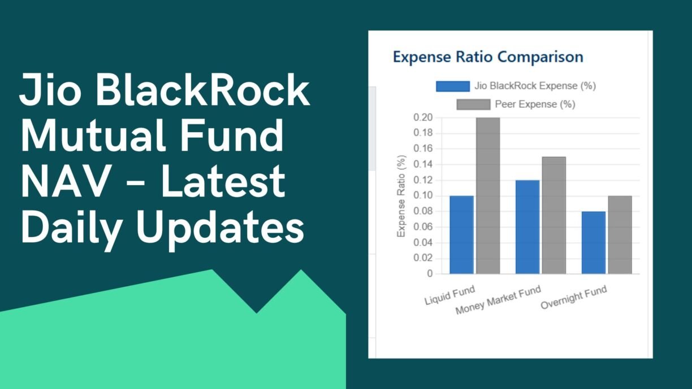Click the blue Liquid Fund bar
coord(461,235)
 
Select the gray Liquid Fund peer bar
coord(488,195)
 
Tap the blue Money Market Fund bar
coord(527,227)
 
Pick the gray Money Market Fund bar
coord(554,215)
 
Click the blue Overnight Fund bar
coord(594,243)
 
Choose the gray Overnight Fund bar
coord(620,235)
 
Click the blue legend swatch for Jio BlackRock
coord(453,86)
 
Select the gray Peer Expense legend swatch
coord(474,104)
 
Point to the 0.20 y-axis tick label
coord(423,117)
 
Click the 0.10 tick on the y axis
coord(423,196)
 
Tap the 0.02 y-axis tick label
coord(423,258)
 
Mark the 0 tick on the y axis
coord(430,274)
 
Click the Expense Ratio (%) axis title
coord(401,196)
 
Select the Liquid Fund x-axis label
coord(449,295)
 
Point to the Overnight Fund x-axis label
coord(574,298)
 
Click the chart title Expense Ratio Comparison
coord(488,57)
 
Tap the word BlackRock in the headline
coord(202,90)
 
